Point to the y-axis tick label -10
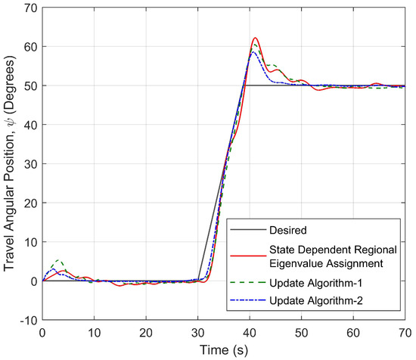(28, 320)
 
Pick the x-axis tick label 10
(94, 331)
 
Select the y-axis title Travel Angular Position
(11, 163)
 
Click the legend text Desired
(288, 228)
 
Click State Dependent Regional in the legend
(330, 246)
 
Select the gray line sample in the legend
(249, 228)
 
